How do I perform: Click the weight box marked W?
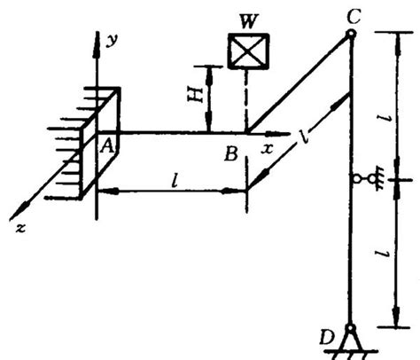click(248, 51)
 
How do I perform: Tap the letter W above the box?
click(248, 21)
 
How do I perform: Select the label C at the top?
click(354, 16)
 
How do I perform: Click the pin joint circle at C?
click(351, 34)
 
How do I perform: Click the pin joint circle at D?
click(351, 327)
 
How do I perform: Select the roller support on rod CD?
click(367, 178)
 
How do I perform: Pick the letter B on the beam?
click(231, 154)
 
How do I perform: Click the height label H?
click(196, 95)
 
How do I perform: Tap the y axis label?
click(112, 41)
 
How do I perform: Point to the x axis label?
click(267, 149)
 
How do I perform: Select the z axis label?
click(20, 228)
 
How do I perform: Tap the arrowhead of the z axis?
click(17, 213)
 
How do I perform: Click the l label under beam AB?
click(175, 181)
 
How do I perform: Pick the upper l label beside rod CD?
click(384, 119)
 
